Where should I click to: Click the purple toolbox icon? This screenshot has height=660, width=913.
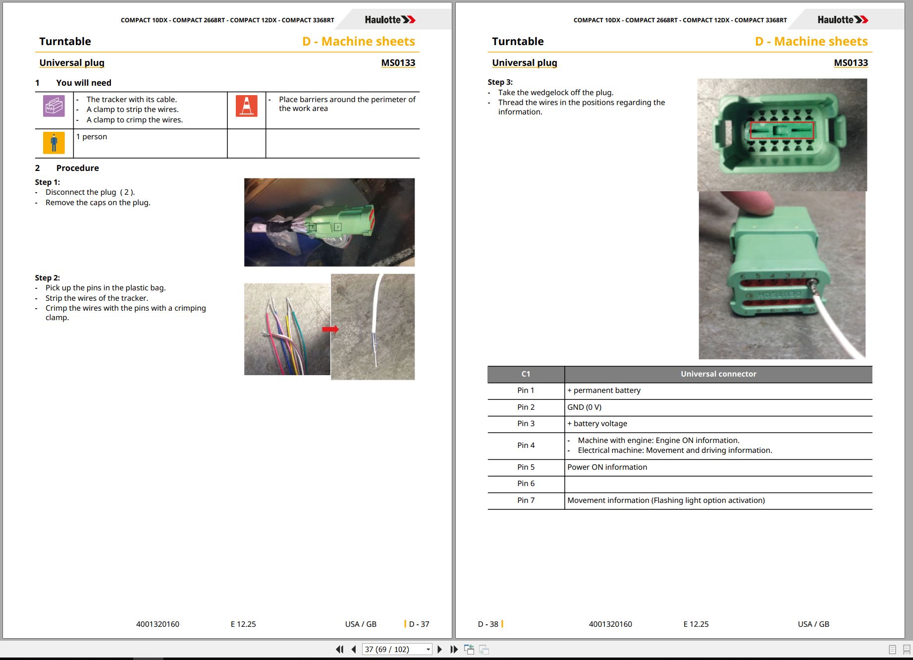(x=54, y=106)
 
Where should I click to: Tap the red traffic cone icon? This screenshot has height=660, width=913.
(x=246, y=106)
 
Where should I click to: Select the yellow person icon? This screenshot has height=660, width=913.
(x=54, y=143)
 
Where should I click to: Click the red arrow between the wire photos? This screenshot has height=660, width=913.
(x=330, y=329)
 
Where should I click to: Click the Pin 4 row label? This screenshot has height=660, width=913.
(x=526, y=445)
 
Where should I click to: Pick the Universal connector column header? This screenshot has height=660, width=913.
(x=718, y=374)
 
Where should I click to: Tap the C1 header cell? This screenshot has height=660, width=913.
(x=526, y=374)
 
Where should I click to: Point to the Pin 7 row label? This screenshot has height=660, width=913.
(x=526, y=500)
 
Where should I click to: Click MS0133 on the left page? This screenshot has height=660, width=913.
(x=398, y=63)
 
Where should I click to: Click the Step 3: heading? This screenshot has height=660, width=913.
(x=500, y=82)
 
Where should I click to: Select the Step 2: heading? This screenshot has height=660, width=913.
(x=47, y=278)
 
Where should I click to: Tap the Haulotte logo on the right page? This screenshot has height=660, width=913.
(x=843, y=20)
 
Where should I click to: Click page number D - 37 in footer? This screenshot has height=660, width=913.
(x=419, y=624)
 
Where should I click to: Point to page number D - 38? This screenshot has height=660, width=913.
(x=488, y=624)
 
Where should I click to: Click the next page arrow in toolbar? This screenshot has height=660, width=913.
(x=439, y=649)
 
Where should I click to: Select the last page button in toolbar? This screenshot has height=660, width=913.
(x=454, y=649)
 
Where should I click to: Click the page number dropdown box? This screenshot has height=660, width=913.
(x=397, y=649)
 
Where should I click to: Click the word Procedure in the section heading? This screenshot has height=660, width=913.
(x=77, y=168)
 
